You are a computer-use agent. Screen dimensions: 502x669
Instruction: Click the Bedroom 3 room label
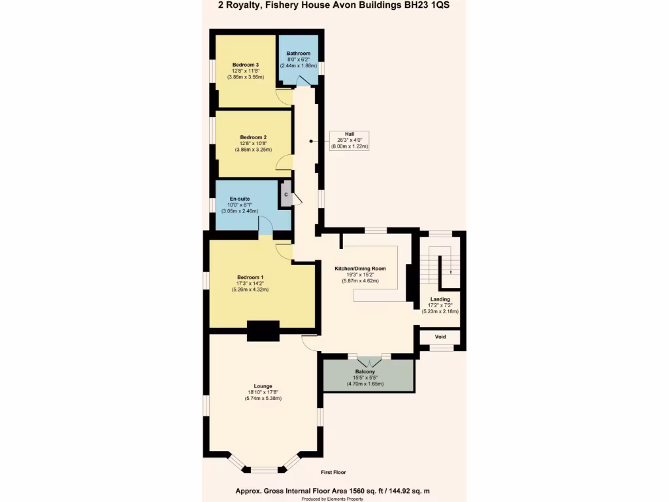(245, 64)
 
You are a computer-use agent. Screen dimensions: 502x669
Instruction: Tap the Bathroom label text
(298, 53)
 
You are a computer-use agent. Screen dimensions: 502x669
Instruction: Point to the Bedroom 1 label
(250, 277)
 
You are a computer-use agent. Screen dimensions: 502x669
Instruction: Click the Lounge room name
(263, 386)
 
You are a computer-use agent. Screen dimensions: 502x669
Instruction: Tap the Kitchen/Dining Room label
(360, 269)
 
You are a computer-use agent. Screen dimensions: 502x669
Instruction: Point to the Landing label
(440, 299)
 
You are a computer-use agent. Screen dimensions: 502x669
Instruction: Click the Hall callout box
(350, 140)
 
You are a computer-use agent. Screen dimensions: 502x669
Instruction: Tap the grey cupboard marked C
(286, 194)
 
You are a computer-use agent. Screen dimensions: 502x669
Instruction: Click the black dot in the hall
(310, 140)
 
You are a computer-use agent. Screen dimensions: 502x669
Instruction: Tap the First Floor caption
(333, 472)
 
